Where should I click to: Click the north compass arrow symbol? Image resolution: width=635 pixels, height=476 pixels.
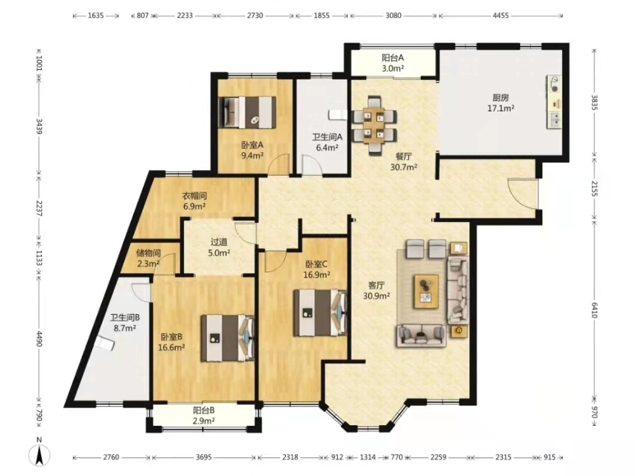coord(39,453)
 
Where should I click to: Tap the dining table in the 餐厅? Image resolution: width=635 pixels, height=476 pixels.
coord(374,125)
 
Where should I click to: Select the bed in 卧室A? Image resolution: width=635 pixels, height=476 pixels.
coord(247,112)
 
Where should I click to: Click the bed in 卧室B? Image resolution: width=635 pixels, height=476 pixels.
coord(228,338)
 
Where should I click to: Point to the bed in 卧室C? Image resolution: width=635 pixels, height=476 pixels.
coord(320,312)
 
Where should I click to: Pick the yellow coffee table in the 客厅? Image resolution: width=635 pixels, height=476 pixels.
coord(426,291)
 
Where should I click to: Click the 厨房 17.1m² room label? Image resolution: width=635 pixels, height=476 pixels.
coord(501,103)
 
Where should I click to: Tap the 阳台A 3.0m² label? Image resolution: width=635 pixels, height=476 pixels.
coord(392,63)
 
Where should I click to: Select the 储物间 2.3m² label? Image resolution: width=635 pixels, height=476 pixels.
coord(148,259)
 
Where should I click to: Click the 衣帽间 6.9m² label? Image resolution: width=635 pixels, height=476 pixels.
coord(194,201)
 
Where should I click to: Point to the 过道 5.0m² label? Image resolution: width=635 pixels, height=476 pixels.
coord(219,248)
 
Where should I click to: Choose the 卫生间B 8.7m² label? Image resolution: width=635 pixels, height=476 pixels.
coord(124,322)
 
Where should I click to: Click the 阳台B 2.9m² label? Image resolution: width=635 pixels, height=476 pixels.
coord(204,415)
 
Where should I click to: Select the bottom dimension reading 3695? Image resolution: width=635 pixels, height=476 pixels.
coord(203,457)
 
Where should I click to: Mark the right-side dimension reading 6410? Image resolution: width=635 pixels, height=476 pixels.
coord(594,310)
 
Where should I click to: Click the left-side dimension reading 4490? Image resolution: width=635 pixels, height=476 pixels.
coord(39,338)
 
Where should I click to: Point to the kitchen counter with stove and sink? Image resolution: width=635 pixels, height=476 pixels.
coord(554,102)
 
